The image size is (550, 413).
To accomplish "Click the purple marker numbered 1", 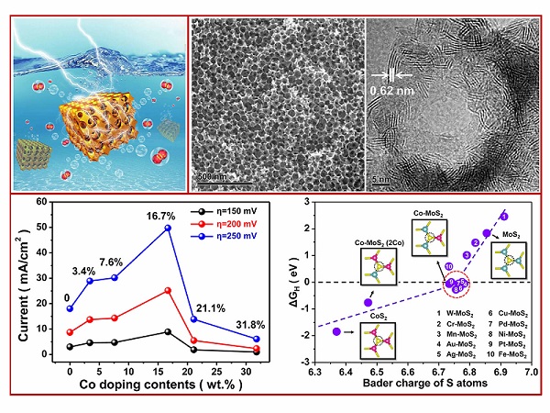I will (503, 216).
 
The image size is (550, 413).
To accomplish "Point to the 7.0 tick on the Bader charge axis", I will (530, 373).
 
